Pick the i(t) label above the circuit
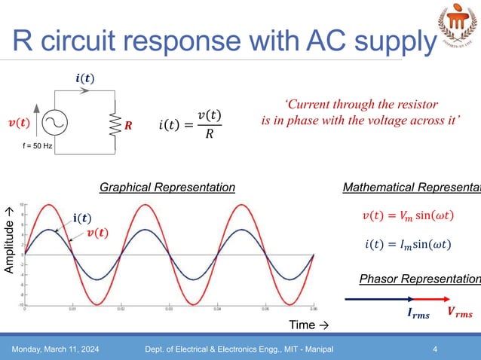coord(85,78)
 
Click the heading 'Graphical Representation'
coord(167,187)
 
